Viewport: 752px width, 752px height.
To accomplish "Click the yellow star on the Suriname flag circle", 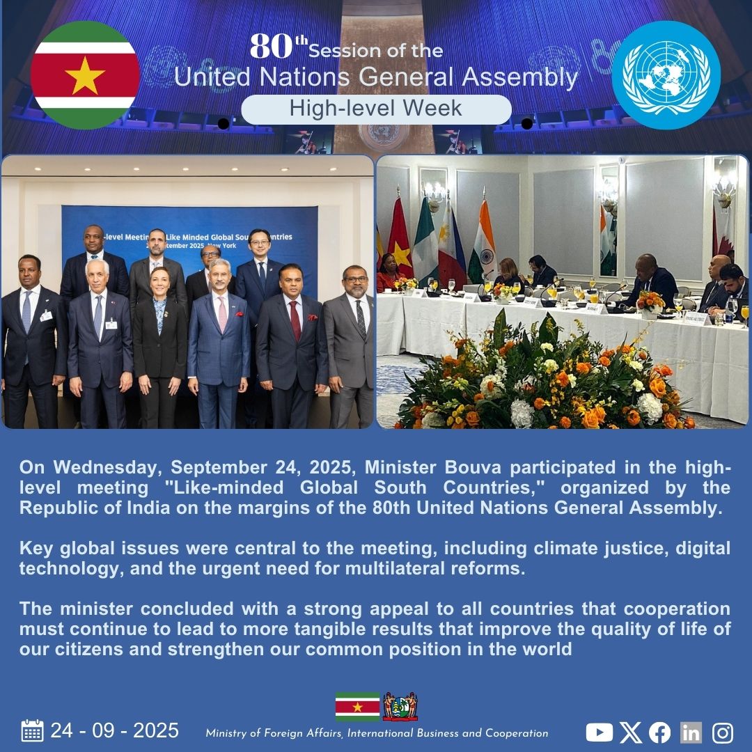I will [85, 76].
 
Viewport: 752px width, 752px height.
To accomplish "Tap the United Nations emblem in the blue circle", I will [666, 75].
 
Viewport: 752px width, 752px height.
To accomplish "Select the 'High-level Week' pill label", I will [376, 109].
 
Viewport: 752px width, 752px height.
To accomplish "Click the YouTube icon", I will [599, 732].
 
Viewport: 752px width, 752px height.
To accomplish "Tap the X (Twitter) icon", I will [630, 732].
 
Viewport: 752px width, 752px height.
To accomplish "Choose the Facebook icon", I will [659, 732].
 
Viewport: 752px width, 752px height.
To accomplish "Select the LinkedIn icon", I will [691, 732].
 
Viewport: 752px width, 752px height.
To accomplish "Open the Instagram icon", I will [723, 732].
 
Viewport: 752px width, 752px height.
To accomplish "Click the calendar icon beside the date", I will [32, 730].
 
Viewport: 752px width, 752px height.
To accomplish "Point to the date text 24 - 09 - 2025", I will [115, 730].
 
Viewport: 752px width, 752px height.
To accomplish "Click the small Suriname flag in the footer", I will [357, 706].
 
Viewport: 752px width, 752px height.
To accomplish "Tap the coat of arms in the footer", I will [400, 706].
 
